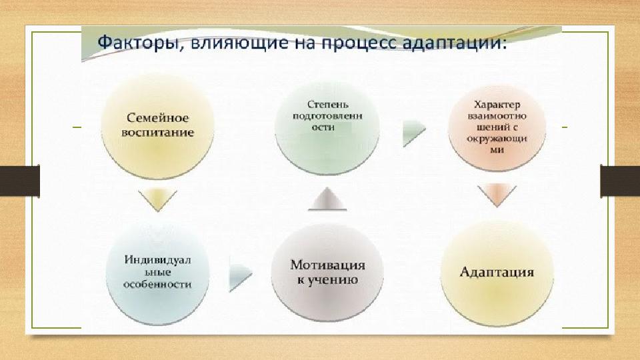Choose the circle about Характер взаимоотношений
(x=497, y=128)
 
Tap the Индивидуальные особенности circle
(x=157, y=273)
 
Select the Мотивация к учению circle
(x=327, y=273)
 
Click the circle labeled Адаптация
(x=497, y=273)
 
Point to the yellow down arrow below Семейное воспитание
(x=157, y=198)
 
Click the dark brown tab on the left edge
(x=19, y=181)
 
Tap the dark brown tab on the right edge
(x=620, y=181)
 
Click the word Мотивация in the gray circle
(x=327, y=265)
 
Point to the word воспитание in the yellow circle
(x=157, y=133)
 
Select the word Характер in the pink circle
(x=497, y=105)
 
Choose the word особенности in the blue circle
(x=157, y=284)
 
